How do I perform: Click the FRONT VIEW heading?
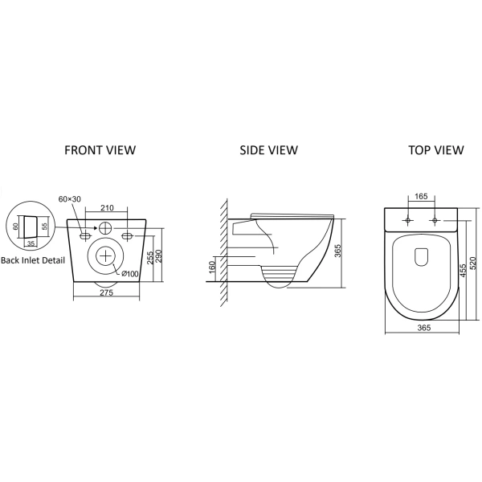click(100, 150)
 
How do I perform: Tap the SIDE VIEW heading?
click(268, 150)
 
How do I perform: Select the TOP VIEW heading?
click(436, 150)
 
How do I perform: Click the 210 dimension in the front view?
click(107, 208)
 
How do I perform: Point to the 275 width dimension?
click(106, 292)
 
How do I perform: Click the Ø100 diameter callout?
click(129, 273)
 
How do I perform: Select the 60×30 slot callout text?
click(69, 199)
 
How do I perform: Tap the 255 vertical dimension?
click(150, 258)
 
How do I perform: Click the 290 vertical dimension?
click(159, 256)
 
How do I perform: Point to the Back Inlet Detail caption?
click(33, 260)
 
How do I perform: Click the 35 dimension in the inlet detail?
click(31, 243)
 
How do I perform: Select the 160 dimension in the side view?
click(212, 268)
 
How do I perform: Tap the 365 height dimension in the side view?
click(337, 251)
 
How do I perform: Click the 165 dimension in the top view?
click(421, 196)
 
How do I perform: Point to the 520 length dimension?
click(473, 263)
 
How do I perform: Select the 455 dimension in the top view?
click(464, 270)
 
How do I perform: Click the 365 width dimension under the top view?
click(424, 328)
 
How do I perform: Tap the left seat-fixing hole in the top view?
click(408, 220)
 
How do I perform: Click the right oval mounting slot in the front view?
click(127, 236)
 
